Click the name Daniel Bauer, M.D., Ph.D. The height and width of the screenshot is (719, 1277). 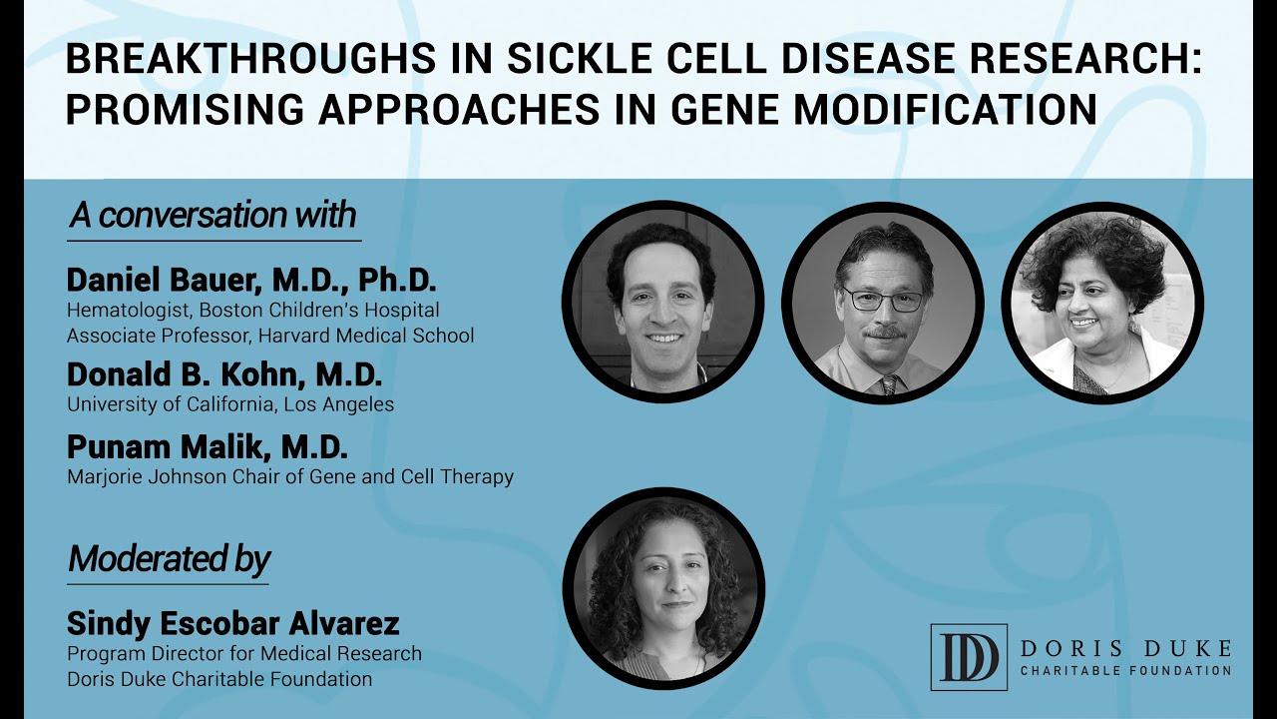(x=251, y=280)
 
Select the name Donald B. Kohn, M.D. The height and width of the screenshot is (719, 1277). (x=224, y=375)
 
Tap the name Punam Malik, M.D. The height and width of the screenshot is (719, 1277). (x=208, y=446)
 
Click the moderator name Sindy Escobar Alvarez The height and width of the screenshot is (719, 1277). (x=232, y=624)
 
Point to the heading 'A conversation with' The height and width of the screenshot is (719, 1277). (x=213, y=216)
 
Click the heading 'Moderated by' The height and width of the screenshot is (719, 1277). (x=169, y=559)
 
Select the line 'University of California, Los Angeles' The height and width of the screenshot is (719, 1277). (x=230, y=404)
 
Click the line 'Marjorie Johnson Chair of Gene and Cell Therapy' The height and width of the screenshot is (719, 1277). (x=290, y=477)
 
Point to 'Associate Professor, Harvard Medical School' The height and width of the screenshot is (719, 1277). (x=270, y=336)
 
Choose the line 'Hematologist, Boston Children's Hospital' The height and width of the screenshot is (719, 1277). (x=253, y=311)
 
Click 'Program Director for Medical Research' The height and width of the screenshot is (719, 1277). (x=244, y=654)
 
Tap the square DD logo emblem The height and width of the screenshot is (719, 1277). (x=968, y=657)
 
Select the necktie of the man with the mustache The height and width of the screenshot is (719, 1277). (x=888, y=383)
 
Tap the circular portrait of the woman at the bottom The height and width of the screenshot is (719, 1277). (x=663, y=589)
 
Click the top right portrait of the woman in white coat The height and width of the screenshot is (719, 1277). (x=1102, y=303)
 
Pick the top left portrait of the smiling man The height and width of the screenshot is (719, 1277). (x=663, y=303)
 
